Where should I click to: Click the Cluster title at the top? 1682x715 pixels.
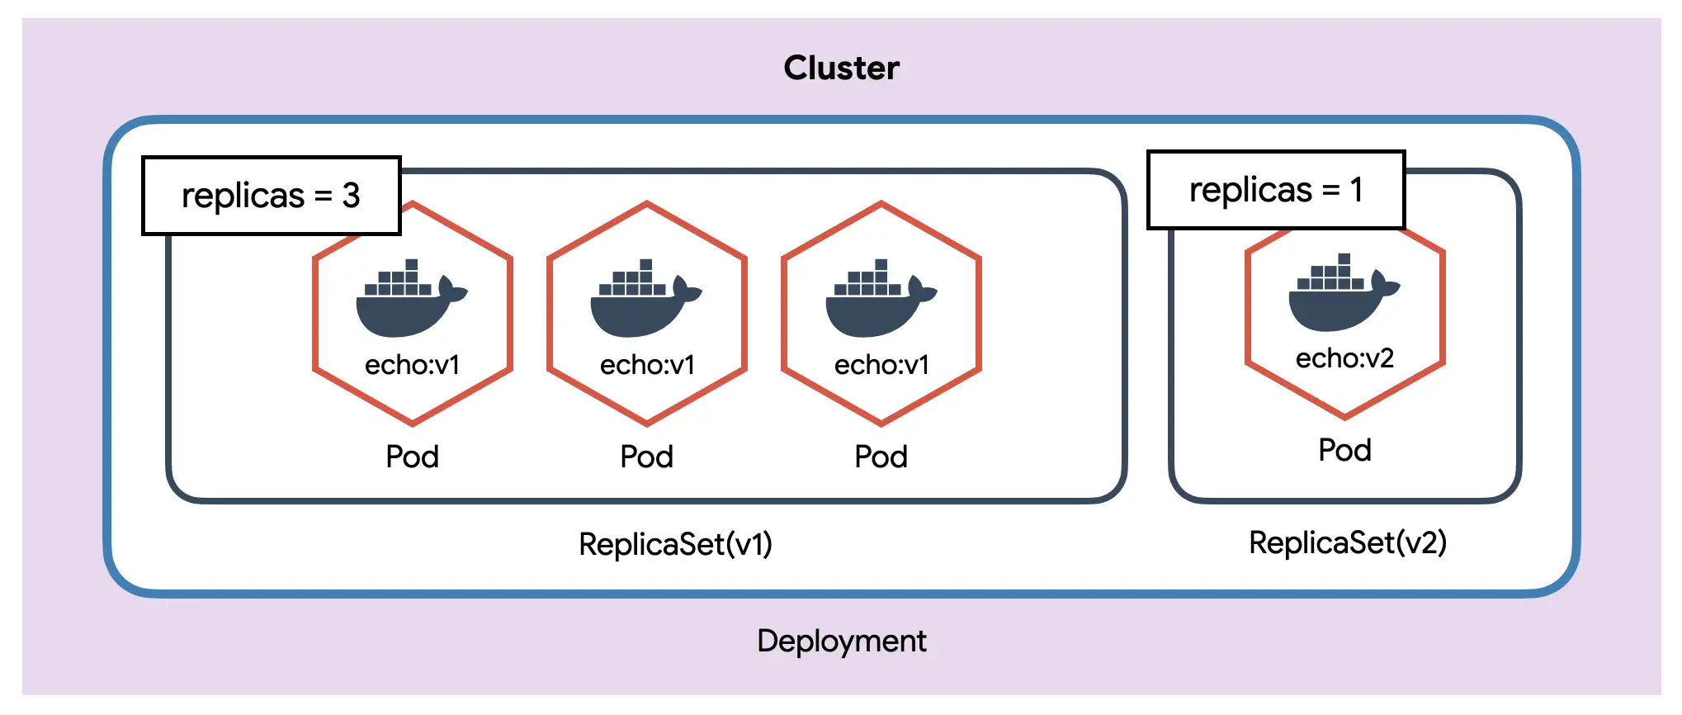[x=841, y=68]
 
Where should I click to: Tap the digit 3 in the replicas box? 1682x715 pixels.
[x=352, y=196]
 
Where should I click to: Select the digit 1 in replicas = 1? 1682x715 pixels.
[x=1356, y=190]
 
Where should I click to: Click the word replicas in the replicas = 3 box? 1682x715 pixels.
[x=243, y=197]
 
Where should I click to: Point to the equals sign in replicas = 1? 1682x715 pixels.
[x=1330, y=190]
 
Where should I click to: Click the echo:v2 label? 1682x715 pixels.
[x=1344, y=358]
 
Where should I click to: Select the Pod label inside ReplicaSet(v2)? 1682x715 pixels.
[x=1344, y=451]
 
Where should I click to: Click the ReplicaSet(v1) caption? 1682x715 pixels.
[x=675, y=544]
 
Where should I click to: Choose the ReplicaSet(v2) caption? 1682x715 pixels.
[x=1347, y=542]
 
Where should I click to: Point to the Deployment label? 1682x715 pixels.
[x=841, y=642]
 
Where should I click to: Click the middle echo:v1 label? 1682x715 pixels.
[x=647, y=365]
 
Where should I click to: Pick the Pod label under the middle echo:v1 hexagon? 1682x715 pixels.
[x=646, y=457]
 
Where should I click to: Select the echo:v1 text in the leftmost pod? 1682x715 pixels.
[x=412, y=365]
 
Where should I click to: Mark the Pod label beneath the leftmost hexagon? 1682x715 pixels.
[x=412, y=457]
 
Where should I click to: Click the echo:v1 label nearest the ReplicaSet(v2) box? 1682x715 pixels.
[x=881, y=365]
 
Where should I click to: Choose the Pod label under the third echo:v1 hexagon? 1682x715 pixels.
[x=881, y=457]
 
